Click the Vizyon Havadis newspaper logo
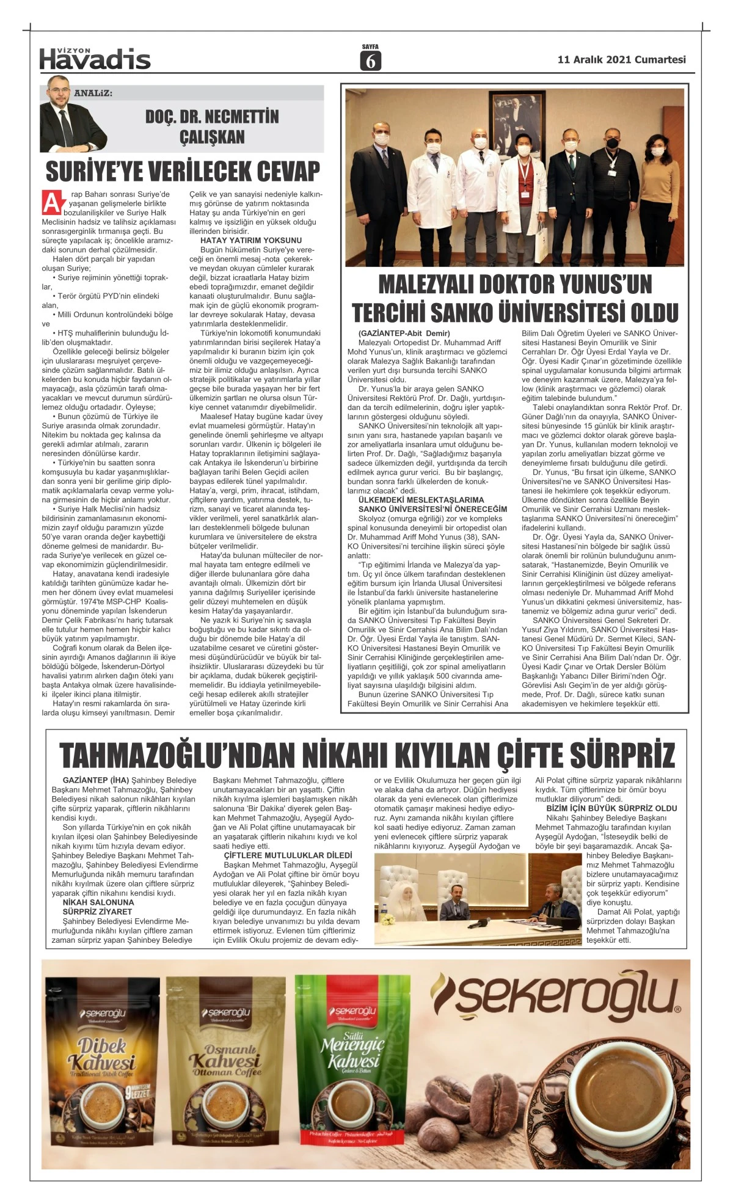(x=95, y=59)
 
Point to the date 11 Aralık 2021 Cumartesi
(x=621, y=60)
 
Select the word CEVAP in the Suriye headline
(x=279, y=172)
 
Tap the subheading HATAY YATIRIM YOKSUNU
(x=251, y=241)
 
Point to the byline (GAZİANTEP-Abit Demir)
(x=404, y=334)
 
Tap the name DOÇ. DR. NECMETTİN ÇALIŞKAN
(x=212, y=126)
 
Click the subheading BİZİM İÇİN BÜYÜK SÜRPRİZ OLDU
(x=611, y=808)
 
